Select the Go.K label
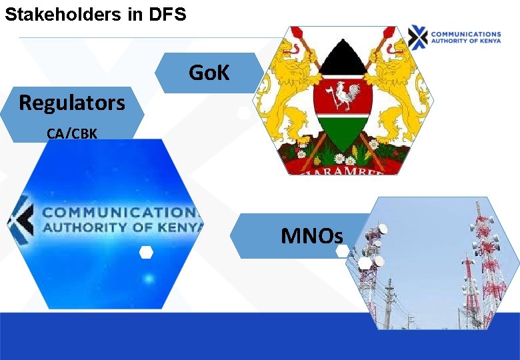tap(209, 72)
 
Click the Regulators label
tap(71, 103)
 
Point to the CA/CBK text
tap(72, 133)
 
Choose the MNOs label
tap(312, 235)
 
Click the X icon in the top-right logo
tap(418, 37)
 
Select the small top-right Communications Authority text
tap(465, 37)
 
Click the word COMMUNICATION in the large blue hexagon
tap(119, 213)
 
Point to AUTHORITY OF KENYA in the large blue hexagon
tap(120, 228)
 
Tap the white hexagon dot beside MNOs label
tap(342, 251)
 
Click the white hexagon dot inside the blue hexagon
tap(146, 252)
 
